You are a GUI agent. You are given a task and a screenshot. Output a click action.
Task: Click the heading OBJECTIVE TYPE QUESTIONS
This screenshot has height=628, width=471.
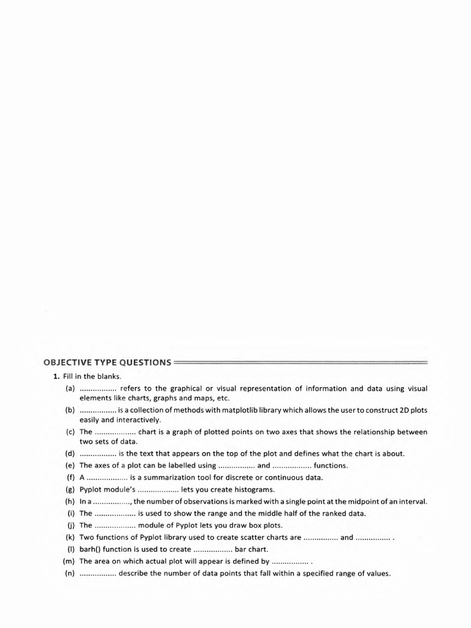pos(107,362)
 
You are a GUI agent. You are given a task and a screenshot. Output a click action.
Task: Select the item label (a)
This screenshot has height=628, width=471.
pos(70,389)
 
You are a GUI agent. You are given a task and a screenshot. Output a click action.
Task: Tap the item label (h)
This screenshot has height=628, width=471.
pos(70,501)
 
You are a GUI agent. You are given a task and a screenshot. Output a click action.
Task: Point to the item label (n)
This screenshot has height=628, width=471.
pos(70,574)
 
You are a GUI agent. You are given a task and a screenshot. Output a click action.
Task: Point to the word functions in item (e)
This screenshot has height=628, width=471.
pos(331,465)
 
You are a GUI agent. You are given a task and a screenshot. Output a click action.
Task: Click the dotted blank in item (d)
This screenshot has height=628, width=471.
pos(98,454)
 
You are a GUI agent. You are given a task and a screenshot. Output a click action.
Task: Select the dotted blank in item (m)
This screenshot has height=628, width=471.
pos(290,562)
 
